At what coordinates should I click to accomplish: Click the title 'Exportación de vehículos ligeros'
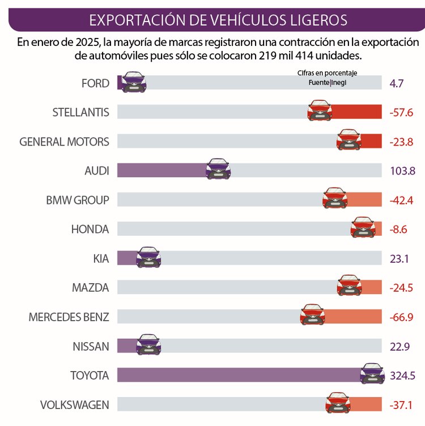218,20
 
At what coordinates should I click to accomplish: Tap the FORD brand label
95,83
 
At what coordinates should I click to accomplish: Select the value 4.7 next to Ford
397,83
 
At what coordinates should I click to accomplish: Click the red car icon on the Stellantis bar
319,110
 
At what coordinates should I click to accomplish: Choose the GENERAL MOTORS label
64,141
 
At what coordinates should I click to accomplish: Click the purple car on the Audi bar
218,169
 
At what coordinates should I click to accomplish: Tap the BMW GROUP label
78,199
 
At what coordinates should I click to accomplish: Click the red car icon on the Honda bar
363,227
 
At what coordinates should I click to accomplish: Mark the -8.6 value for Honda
399,229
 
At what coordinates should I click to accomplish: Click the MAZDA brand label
90,287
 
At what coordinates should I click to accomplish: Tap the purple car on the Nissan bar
148,344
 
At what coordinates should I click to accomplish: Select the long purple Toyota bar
238,374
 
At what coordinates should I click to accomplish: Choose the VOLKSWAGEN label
74,404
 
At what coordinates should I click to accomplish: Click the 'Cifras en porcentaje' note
327,73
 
